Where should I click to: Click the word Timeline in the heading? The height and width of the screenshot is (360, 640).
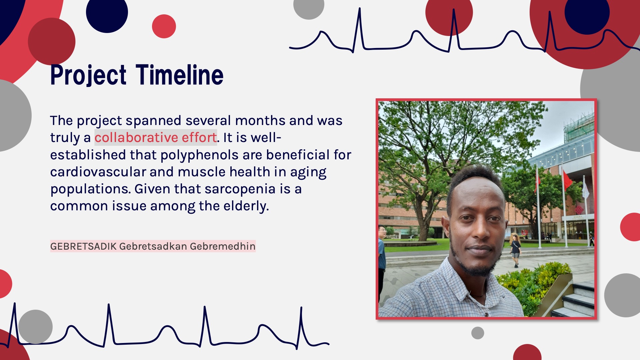tap(180, 75)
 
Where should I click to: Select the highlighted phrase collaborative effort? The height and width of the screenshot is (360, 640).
tap(156, 137)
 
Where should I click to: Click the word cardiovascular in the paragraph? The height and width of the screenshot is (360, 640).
tap(98, 172)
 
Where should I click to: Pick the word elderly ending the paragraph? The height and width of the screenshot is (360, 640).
tap(246, 206)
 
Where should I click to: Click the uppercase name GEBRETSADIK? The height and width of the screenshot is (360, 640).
tap(83, 246)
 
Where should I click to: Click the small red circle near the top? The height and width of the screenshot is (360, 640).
tap(164, 26)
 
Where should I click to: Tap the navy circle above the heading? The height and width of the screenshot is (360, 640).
tap(107, 12)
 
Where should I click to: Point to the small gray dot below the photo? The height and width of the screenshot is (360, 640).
tap(478, 333)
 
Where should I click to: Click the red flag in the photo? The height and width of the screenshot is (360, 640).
tap(567, 180)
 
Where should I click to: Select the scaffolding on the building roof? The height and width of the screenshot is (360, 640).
tap(579, 127)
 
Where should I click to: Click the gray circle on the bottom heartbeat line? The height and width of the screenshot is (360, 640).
tap(35, 327)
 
